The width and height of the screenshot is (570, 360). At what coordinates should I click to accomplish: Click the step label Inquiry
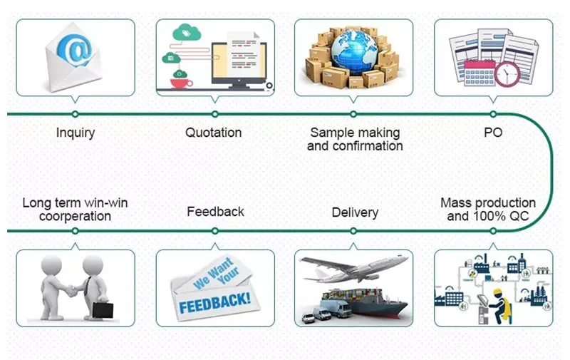(76, 133)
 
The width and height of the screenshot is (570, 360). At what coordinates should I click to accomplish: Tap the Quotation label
(213, 133)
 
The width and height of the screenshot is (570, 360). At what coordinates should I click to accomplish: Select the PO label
(493, 132)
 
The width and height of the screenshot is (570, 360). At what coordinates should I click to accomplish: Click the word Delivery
(355, 212)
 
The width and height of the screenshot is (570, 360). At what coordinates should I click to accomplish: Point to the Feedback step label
(215, 211)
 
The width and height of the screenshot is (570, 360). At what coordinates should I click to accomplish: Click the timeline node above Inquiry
(76, 114)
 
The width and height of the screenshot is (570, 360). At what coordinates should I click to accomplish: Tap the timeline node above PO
(493, 114)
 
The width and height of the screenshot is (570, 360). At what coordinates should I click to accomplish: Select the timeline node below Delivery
(353, 231)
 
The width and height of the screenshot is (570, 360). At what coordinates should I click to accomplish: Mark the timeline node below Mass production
(493, 231)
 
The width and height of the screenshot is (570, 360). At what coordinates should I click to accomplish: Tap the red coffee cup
(181, 83)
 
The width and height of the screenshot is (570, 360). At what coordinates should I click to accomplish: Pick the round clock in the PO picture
(507, 75)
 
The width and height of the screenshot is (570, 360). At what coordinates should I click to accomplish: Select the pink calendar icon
(480, 73)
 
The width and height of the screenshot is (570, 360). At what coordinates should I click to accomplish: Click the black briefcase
(103, 310)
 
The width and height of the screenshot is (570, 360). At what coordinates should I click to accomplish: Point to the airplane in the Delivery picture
(353, 267)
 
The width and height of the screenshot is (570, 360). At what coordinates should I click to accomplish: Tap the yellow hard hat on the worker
(497, 292)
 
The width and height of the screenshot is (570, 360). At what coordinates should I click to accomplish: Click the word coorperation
(75, 217)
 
